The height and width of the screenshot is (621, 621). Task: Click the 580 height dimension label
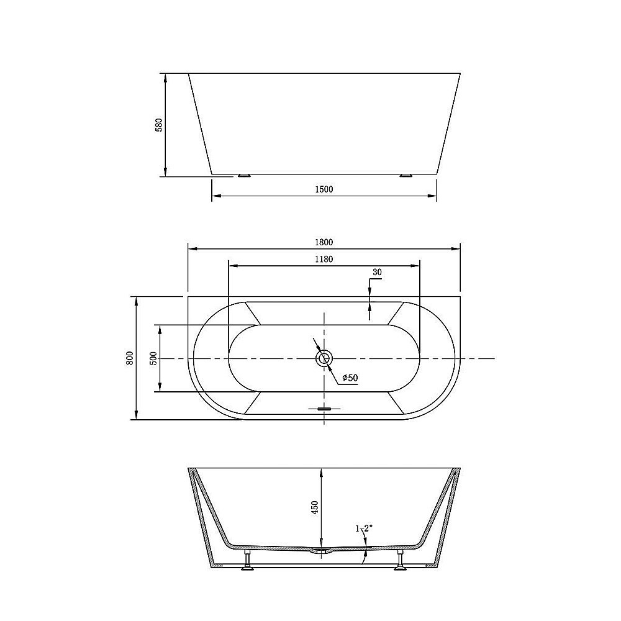click(x=159, y=125)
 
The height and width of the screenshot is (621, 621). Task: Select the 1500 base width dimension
click(x=324, y=189)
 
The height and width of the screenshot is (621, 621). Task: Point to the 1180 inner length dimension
click(x=324, y=260)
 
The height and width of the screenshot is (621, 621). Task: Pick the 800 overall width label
click(x=129, y=358)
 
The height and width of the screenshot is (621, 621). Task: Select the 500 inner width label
click(x=153, y=358)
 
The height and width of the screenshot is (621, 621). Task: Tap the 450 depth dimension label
click(x=314, y=507)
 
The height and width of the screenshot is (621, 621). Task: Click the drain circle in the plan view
click(x=324, y=358)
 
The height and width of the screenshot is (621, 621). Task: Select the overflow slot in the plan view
click(x=324, y=409)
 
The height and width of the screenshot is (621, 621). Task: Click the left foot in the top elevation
click(x=244, y=176)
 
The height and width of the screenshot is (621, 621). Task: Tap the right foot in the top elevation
click(x=406, y=176)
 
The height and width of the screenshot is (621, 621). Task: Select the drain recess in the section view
click(x=320, y=551)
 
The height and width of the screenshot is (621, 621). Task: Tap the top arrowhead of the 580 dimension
click(x=165, y=78)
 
